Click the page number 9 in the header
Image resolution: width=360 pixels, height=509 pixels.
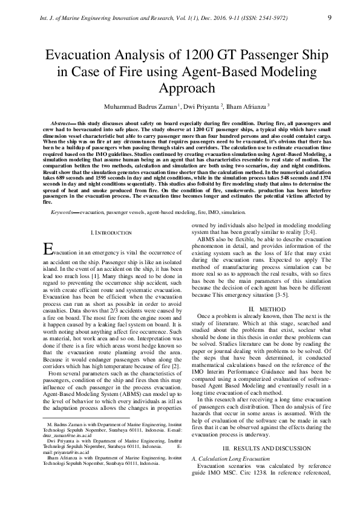(329, 17)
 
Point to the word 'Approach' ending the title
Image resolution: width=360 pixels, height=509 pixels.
(180, 89)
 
